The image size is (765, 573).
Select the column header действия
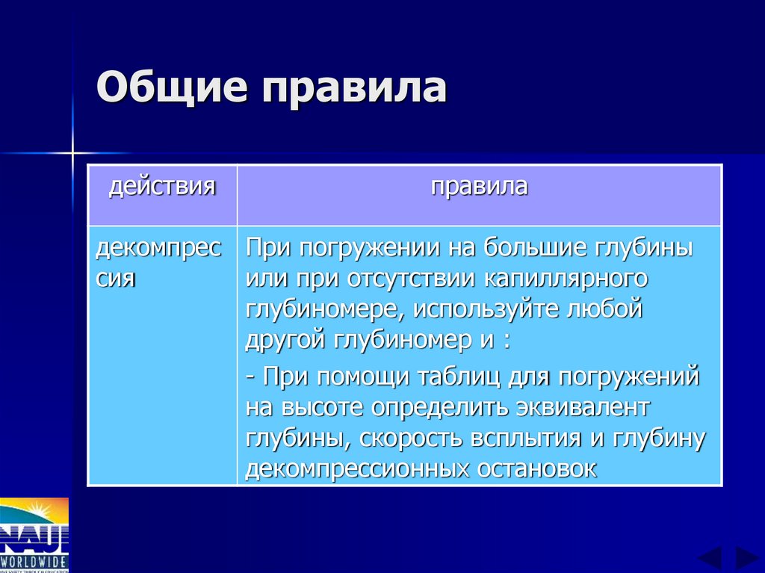[x=162, y=186]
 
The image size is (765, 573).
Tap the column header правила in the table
[x=479, y=186]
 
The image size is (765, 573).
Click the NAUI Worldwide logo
[x=34, y=535]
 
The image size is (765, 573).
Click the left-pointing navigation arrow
[x=710, y=558]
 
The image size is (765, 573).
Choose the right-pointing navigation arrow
[x=746, y=558]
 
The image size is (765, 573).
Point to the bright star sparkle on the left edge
[x=73, y=153]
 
